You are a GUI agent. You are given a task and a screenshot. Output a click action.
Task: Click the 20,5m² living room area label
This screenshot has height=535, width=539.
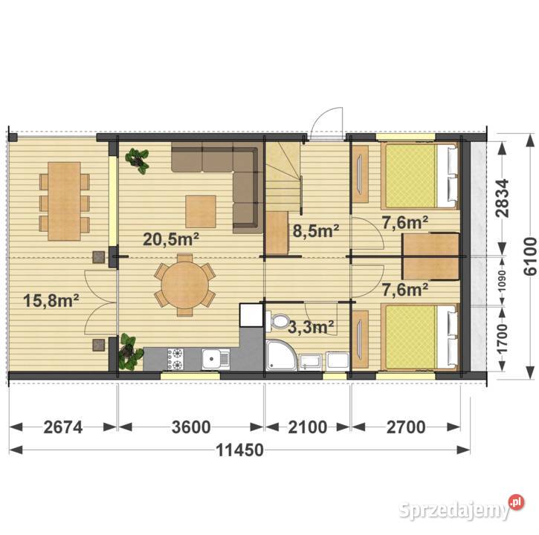(171, 239)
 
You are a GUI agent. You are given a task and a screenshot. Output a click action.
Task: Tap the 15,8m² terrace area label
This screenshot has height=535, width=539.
(51, 301)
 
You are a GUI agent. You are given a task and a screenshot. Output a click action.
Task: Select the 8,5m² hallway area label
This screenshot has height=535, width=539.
(316, 230)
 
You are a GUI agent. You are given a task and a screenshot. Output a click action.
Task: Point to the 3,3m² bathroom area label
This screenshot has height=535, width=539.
(311, 327)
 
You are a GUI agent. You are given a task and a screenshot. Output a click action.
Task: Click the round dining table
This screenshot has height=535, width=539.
(185, 285)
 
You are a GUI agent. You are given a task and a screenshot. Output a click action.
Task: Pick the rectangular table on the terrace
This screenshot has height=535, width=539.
(64, 201)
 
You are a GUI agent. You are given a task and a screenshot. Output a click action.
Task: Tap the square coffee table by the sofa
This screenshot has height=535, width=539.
(201, 212)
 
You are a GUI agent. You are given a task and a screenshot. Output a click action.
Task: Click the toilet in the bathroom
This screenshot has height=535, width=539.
(278, 321)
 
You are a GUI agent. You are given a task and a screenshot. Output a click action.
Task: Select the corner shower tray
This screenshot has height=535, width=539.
(281, 355)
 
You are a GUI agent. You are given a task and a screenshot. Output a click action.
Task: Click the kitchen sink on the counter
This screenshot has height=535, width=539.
(216, 359)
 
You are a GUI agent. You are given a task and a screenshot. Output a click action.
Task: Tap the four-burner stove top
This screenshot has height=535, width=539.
(175, 359)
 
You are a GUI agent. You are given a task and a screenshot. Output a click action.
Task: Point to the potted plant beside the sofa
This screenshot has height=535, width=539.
(138, 160)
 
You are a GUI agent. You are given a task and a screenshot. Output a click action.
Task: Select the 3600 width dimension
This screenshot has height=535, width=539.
(191, 427)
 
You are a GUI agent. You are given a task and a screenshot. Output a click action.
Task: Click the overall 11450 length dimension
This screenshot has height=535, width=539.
(240, 450)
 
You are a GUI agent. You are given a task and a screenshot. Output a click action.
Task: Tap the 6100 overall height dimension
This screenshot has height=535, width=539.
(530, 256)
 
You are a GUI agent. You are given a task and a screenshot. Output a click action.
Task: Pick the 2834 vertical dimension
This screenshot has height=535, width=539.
(503, 198)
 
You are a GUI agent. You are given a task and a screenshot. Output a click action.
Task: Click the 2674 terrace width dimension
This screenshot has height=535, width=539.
(63, 427)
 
